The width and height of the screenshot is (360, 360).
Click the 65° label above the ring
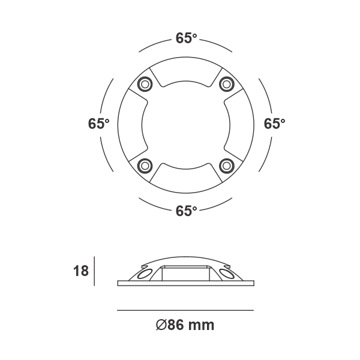pos(186,38)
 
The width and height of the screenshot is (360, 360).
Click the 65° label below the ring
pos(186,211)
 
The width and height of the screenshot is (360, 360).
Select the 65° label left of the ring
pos(98,124)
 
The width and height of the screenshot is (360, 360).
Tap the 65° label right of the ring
pos(275,124)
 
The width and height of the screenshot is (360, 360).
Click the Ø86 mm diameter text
pos(185,326)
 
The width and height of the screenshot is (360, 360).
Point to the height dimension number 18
pos(80,271)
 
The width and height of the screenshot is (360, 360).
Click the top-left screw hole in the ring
pos(145,83)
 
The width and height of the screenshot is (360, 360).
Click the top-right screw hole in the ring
pos(226,83)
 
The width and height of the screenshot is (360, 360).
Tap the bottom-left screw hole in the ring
pos(145,165)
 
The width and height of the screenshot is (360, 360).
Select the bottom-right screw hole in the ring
pos(226,165)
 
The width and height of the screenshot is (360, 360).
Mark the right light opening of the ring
pos(236,124)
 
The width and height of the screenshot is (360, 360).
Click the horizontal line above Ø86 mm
pos(185,310)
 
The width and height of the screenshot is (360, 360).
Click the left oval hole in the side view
pos(143,274)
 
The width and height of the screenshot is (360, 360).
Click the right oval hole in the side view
pos(227,274)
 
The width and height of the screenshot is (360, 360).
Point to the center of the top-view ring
pos(185,124)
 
